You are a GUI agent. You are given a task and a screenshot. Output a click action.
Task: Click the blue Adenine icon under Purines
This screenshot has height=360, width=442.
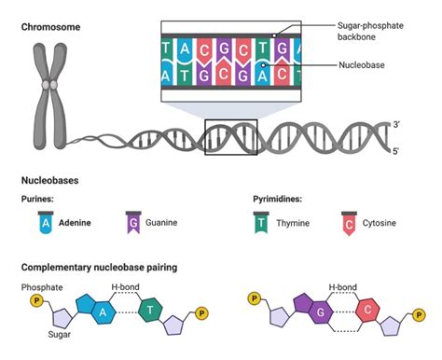pyautogui.click(x=43, y=222)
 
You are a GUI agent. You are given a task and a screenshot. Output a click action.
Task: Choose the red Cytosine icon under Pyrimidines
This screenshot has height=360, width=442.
pyautogui.click(x=349, y=222)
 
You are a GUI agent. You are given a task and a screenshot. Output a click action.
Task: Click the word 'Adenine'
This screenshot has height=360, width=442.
pyautogui.click(x=76, y=223)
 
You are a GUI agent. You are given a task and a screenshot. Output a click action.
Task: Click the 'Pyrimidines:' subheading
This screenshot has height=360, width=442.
pyautogui.click(x=279, y=199)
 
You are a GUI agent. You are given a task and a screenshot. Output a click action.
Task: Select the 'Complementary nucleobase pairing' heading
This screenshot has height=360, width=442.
pyautogui.click(x=99, y=268)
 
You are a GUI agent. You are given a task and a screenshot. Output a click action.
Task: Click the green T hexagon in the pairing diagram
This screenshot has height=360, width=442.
pyautogui.click(x=150, y=309)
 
